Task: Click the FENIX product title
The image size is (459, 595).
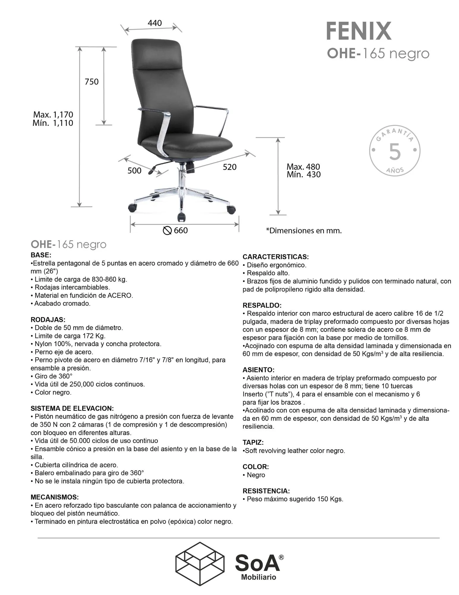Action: point(359,32)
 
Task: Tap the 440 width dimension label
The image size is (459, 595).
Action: point(154,23)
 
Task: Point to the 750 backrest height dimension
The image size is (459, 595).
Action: point(92,82)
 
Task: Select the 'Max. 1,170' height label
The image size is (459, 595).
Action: point(53,115)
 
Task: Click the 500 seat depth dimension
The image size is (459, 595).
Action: point(134,171)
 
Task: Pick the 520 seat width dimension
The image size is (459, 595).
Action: point(230,167)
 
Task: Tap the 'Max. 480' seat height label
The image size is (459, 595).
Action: point(303,167)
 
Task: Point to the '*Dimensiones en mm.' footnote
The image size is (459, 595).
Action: point(304,231)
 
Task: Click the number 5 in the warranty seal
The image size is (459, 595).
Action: point(395,152)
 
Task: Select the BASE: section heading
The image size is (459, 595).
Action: point(41,255)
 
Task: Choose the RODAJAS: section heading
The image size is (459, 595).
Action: point(48,320)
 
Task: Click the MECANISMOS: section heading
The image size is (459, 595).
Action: point(55,497)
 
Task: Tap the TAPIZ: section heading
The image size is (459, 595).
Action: point(253,442)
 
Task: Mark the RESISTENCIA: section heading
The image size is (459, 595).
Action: point(266,491)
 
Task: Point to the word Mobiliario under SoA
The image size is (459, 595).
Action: point(258,577)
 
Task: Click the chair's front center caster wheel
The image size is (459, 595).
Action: point(181,217)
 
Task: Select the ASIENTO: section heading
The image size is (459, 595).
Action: point(258,370)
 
